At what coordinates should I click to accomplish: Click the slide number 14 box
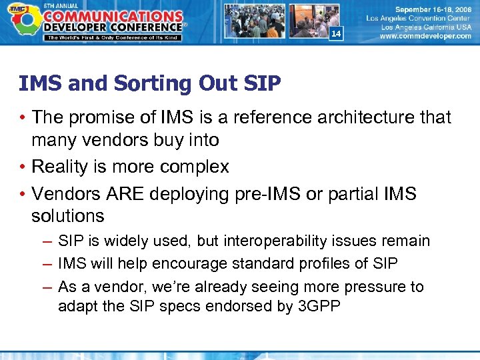(x=336, y=33)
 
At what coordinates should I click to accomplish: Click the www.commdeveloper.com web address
(x=425, y=37)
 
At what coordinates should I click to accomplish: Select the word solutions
(x=67, y=216)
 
